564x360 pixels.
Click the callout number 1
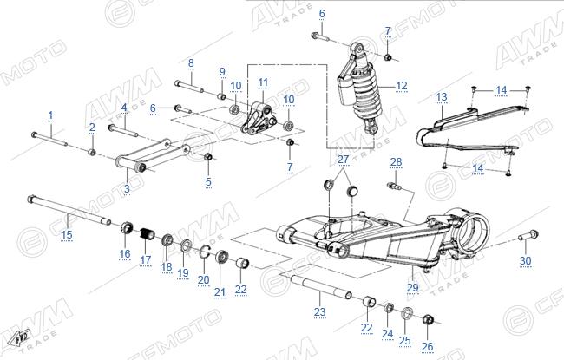[x=50, y=115]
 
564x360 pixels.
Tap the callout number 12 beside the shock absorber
[x=402, y=86]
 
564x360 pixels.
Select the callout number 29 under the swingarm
[x=412, y=287]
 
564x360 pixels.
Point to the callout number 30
[x=526, y=261]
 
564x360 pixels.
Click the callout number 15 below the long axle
[x=67, y=235]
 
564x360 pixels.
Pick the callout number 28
[x=396, y=162]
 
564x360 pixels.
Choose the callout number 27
[x=343, y=160]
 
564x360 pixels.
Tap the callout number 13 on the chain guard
[x=442, y=97]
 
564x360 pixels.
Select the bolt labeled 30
[x=528, y=236]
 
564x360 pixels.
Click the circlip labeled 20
[x=205, y=252]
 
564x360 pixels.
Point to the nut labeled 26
[x=428, y=319]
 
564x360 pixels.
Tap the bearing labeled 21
[x=221, y=257]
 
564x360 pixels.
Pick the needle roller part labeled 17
[x=147, y=234]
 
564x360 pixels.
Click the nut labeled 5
[x=208, y=157]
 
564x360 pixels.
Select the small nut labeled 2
[x=92, y=152]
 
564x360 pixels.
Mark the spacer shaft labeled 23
[x=321, y=287]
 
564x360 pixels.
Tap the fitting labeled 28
[x=394, y=187]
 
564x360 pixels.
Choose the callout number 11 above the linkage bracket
[x=263, y=82]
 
